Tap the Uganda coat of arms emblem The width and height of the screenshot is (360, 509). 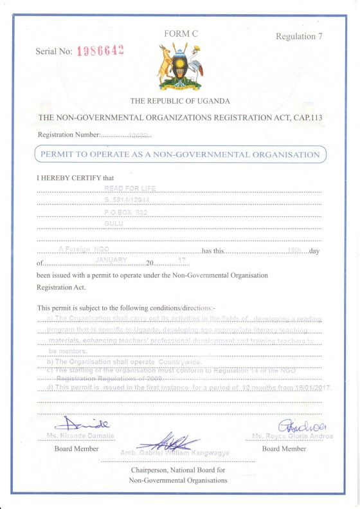click(179, 66)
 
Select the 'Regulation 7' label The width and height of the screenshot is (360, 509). click(299, 37)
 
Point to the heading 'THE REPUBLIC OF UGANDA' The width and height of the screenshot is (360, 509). click(180, 101)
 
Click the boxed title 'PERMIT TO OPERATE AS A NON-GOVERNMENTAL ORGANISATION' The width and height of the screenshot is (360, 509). click(180, 154)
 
